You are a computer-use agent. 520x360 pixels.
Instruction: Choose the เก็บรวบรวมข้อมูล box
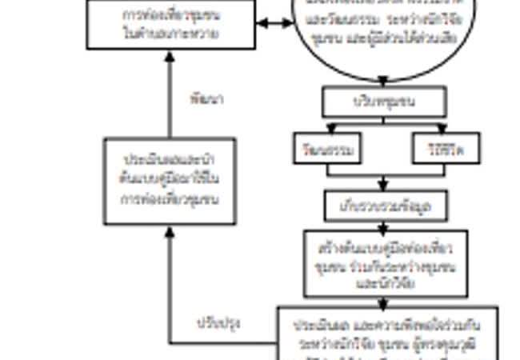pos(383,206)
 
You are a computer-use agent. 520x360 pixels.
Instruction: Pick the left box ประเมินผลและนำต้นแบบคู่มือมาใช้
pos(169,181)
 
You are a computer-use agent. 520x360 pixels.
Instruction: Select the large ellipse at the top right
pos(382,28)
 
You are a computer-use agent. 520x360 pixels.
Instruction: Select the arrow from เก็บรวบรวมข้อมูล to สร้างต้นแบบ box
pos(383,225)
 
